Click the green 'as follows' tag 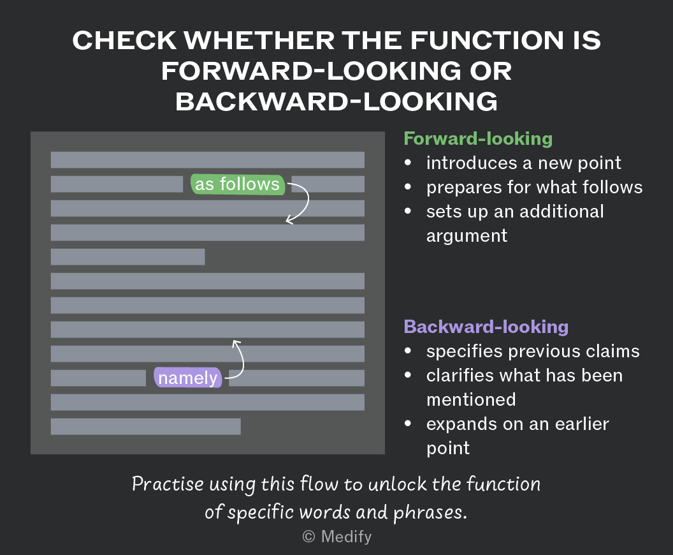click(237, 184)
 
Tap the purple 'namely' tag click(188, 378)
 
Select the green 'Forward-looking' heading click(478, 139)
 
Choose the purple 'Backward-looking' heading click(486, 327)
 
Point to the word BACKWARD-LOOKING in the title click(336, 102)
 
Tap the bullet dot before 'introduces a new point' click(408, 163)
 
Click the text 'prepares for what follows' click(534, 188)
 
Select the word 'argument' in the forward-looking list click(467, 236)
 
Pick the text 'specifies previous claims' click(533, 352)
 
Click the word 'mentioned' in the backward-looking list click(471, 400)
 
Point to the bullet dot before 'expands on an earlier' click(408, 424)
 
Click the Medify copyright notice click(337, 536)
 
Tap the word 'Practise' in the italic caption click(168, 484)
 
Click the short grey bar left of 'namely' click(98, 378)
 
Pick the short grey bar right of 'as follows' click(328, 184)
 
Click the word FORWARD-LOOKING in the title click(311, 71)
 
